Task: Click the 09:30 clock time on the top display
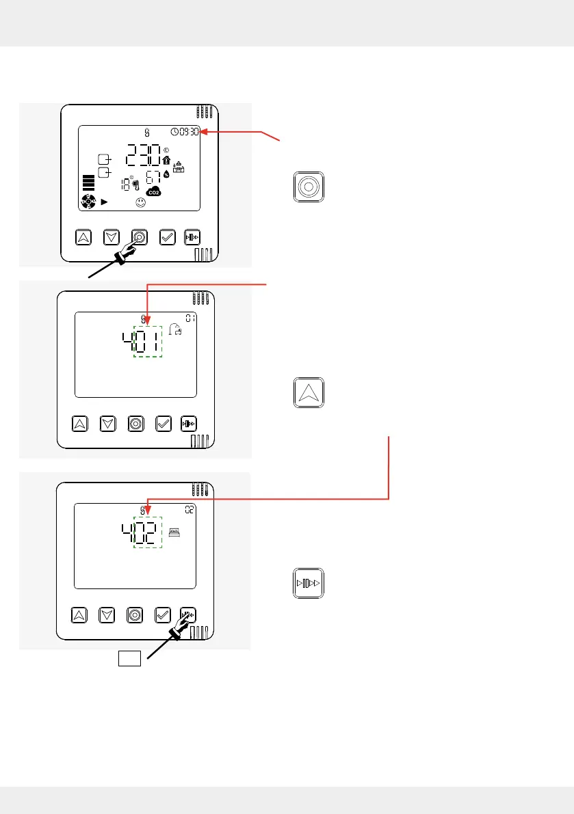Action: point(185,132)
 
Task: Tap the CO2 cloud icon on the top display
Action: point(154,192)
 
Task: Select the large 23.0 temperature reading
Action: point(142,157)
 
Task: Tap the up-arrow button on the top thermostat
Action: point(83,237)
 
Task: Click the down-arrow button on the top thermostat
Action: point(112,237)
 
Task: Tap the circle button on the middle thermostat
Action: point(135,424)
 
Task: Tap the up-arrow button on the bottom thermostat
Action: point(79,614)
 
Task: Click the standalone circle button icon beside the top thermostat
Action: point(308,187)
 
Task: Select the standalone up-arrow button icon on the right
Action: point(308,392)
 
